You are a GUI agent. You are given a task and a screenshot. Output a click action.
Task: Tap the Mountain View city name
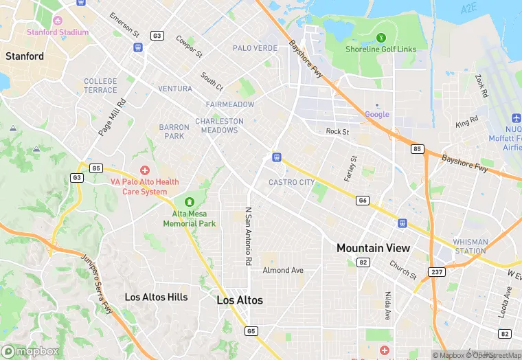[373, 248]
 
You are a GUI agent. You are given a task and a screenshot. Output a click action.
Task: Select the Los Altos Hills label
[156, 297]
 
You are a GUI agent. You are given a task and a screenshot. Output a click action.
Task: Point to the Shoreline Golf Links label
[381, 49]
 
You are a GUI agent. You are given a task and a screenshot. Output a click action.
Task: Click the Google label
[377, 114]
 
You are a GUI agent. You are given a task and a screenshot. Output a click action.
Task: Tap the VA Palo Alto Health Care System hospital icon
[144, 170]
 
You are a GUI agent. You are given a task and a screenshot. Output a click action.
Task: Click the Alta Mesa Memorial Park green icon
[189, 202]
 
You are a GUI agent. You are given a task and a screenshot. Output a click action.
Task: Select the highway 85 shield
[417, 148]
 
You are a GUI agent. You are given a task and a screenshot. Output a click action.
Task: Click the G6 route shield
[363, 201]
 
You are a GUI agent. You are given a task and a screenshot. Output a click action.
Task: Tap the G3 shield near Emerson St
[157, 35]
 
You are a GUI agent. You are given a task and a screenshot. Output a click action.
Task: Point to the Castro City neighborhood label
[291, 182]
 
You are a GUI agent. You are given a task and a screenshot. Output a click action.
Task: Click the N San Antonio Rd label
[249, 237]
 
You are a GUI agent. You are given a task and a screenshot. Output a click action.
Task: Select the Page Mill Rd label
[113, 117]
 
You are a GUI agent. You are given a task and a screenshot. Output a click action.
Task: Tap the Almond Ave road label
[282, 270]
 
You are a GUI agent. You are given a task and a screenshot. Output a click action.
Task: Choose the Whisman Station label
[470, 246]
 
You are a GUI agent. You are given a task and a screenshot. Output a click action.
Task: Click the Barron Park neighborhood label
[174, 131]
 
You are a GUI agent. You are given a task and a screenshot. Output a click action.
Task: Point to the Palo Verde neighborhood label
[255, 48]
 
